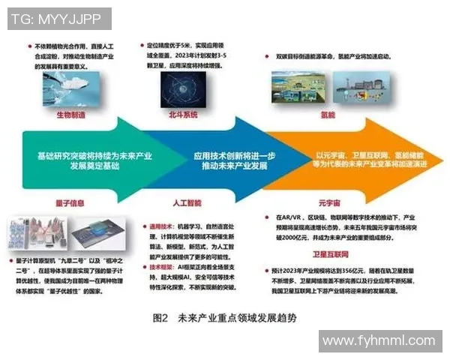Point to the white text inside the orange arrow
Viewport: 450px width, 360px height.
click(370, 159)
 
